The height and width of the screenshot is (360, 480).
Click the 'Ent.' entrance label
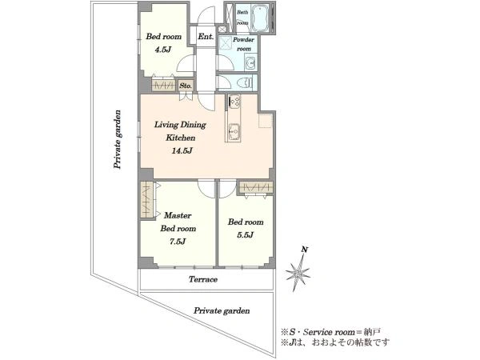206,37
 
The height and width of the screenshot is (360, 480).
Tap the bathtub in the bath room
259,18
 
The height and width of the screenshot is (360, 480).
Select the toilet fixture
244,82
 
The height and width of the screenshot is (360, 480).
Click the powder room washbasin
250,64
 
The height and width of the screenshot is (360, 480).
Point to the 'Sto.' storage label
186,86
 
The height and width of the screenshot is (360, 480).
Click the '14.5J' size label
182,150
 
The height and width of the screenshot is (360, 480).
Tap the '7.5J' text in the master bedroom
178,242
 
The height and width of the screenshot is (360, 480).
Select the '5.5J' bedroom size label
245,235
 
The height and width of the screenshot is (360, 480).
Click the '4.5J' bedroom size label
162,50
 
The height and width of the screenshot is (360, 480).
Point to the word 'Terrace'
203,279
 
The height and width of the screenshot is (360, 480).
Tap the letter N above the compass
304,250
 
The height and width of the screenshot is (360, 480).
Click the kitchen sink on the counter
234,131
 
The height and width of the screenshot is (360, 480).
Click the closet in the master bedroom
147,200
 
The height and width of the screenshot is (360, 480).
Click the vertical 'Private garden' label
117,139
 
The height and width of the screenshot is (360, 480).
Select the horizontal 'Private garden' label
222,311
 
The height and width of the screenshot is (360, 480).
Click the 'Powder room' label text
243,44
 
